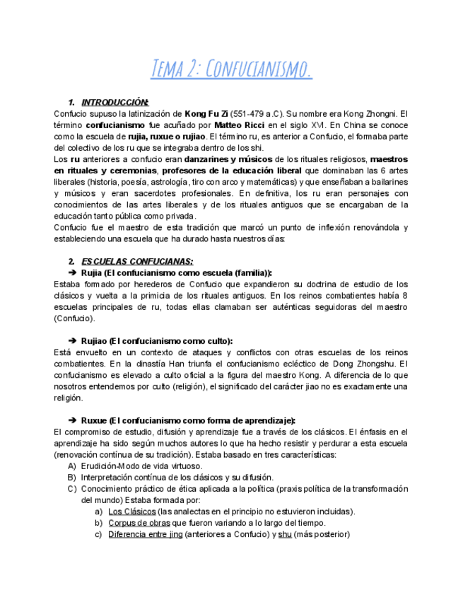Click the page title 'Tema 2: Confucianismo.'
231,69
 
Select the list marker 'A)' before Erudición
72,466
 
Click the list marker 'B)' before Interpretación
72,477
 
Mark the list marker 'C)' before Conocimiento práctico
72,488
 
